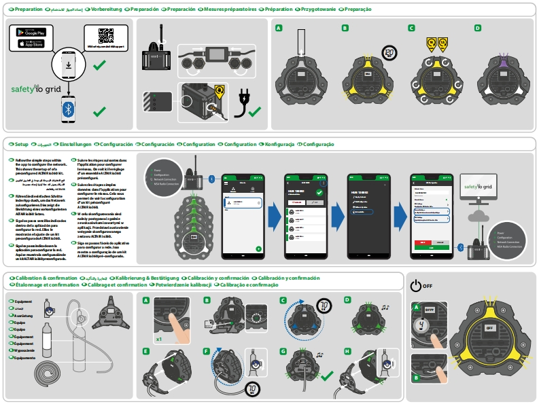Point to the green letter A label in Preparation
point(279,28)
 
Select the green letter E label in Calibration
point(146,351)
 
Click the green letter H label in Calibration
point(347,351)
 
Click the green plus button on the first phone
point(258,249)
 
